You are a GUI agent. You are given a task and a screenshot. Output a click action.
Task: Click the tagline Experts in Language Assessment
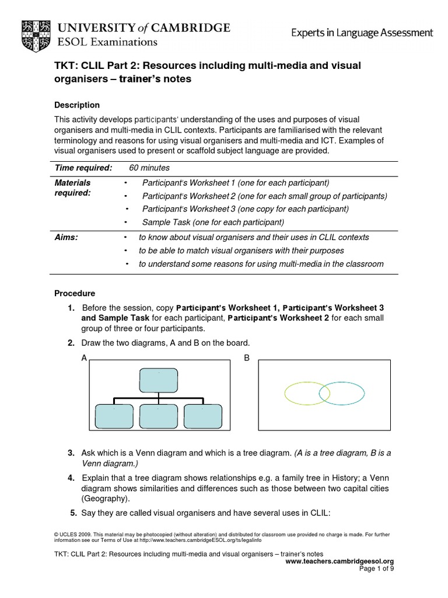coord(362,33)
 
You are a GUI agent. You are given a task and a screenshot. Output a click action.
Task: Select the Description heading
coord(76,105)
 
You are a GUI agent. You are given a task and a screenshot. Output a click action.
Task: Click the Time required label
coord(83,168)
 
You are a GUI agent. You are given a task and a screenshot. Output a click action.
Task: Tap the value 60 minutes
coord(150,168)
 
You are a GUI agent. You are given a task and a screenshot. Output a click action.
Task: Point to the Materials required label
coord(72,188)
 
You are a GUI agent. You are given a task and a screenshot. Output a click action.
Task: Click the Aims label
coord(66,238)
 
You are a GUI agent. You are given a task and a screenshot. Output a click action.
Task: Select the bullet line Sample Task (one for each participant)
coord(212,222)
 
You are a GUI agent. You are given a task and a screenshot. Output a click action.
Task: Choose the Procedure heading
coord(75,293)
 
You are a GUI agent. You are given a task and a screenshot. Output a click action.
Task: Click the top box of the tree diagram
coord(157,380)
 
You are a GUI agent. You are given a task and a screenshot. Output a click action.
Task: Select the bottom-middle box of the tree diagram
coord(157,416)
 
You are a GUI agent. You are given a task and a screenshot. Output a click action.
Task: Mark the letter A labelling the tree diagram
coord(84,358)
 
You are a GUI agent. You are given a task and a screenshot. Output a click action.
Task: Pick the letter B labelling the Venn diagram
coord(247,358)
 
